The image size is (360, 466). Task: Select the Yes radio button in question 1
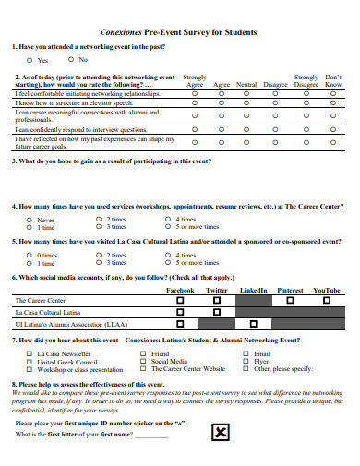tap(30, 59)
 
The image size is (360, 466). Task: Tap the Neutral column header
tap(247, 84)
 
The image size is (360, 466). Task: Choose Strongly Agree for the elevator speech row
tap(195, 103)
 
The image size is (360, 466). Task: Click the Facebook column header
tap(180, 290)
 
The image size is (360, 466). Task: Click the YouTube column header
tap(327, 290)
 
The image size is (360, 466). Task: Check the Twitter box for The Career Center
tap(217, 301)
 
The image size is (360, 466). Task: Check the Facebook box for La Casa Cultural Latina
tap(181, 313)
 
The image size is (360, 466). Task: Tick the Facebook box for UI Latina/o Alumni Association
tap(181, 325)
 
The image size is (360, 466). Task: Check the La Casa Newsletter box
tap(29, 354)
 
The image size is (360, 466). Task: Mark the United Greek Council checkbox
tap(29, 362)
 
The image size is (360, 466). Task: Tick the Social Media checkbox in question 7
tap(144, 362)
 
